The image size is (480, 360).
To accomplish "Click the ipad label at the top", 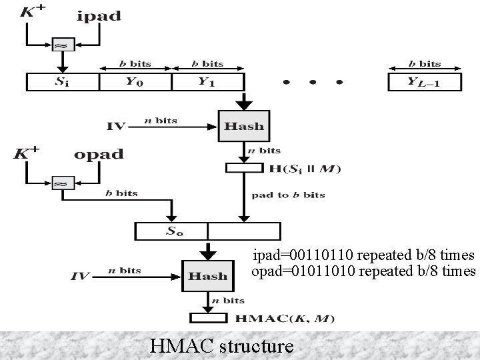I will (x=99, y=16).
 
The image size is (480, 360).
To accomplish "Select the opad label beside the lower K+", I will (x=99, y=154).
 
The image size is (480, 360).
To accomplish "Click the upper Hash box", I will (x=244, y=125).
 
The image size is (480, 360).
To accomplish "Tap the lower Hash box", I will (x=207, y=276).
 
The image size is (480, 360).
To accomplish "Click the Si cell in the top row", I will (x=62, y=82).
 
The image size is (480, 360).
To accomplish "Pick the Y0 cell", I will (x=135, y=82).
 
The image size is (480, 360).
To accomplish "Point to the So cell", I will (x=172, y=231).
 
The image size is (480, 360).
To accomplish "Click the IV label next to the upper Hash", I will (x=116, y=125).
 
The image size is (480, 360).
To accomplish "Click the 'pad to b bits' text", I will (x=289, y=195).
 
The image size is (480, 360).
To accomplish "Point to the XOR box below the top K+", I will (x=62, y=45).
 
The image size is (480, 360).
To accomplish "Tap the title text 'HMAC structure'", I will (x=221, y=345).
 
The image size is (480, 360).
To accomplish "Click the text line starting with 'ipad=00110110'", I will (x=363, y=255).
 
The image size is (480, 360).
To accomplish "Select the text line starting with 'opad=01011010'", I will (x=363, y=271).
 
